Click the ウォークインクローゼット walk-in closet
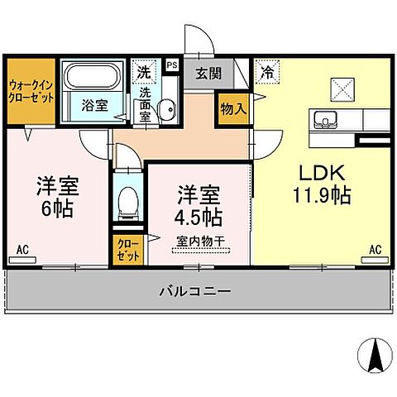(31, 91)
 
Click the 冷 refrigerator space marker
(267, 72)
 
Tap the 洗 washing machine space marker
(146, 72)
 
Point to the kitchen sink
(323, 119)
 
